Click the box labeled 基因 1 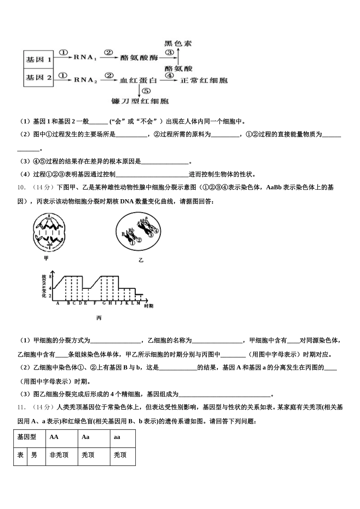[39, 59]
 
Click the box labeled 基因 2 [39, 78]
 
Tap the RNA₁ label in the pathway [86, 57]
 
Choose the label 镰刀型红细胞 [140, 101]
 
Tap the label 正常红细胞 [204, 80]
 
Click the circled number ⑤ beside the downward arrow [147, 91]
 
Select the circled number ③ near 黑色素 [169, 52]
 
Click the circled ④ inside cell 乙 [156, 231]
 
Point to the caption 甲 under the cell [46, 258]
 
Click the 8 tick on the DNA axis [50, 277]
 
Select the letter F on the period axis [94, 303]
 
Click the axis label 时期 [149, 306]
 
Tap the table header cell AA [54, 437]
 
